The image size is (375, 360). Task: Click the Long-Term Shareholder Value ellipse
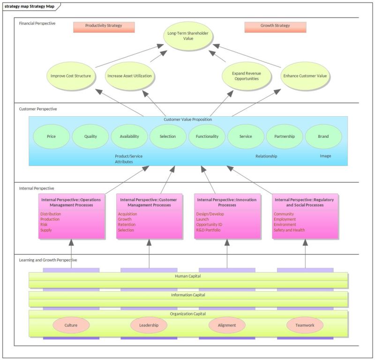click(188, 36)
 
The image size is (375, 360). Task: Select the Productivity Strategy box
click(104, 27)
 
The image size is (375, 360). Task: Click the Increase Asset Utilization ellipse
click(129, 75)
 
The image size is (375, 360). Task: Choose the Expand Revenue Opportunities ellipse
click(246, 76)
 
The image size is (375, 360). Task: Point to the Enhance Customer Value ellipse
click(306, 75)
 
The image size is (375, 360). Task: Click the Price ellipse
click(52, 136)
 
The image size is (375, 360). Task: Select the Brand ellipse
click(323, 136)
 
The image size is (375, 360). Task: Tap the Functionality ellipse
click(207, 136)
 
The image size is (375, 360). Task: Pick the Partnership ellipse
click(285, 136)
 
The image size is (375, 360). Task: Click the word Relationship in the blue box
click(266, 156)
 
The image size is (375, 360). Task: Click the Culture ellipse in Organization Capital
click(71, 325)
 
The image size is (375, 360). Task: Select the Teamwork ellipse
click(305, 325)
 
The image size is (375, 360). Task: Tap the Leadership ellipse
click(149, 325)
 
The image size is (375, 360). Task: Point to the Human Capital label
click(188, 276)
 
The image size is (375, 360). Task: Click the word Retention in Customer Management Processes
click(127, 225)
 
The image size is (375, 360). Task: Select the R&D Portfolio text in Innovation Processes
click(208, 230)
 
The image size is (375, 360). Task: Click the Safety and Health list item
click(289, 230)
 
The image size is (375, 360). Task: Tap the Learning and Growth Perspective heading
click(48, 260)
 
